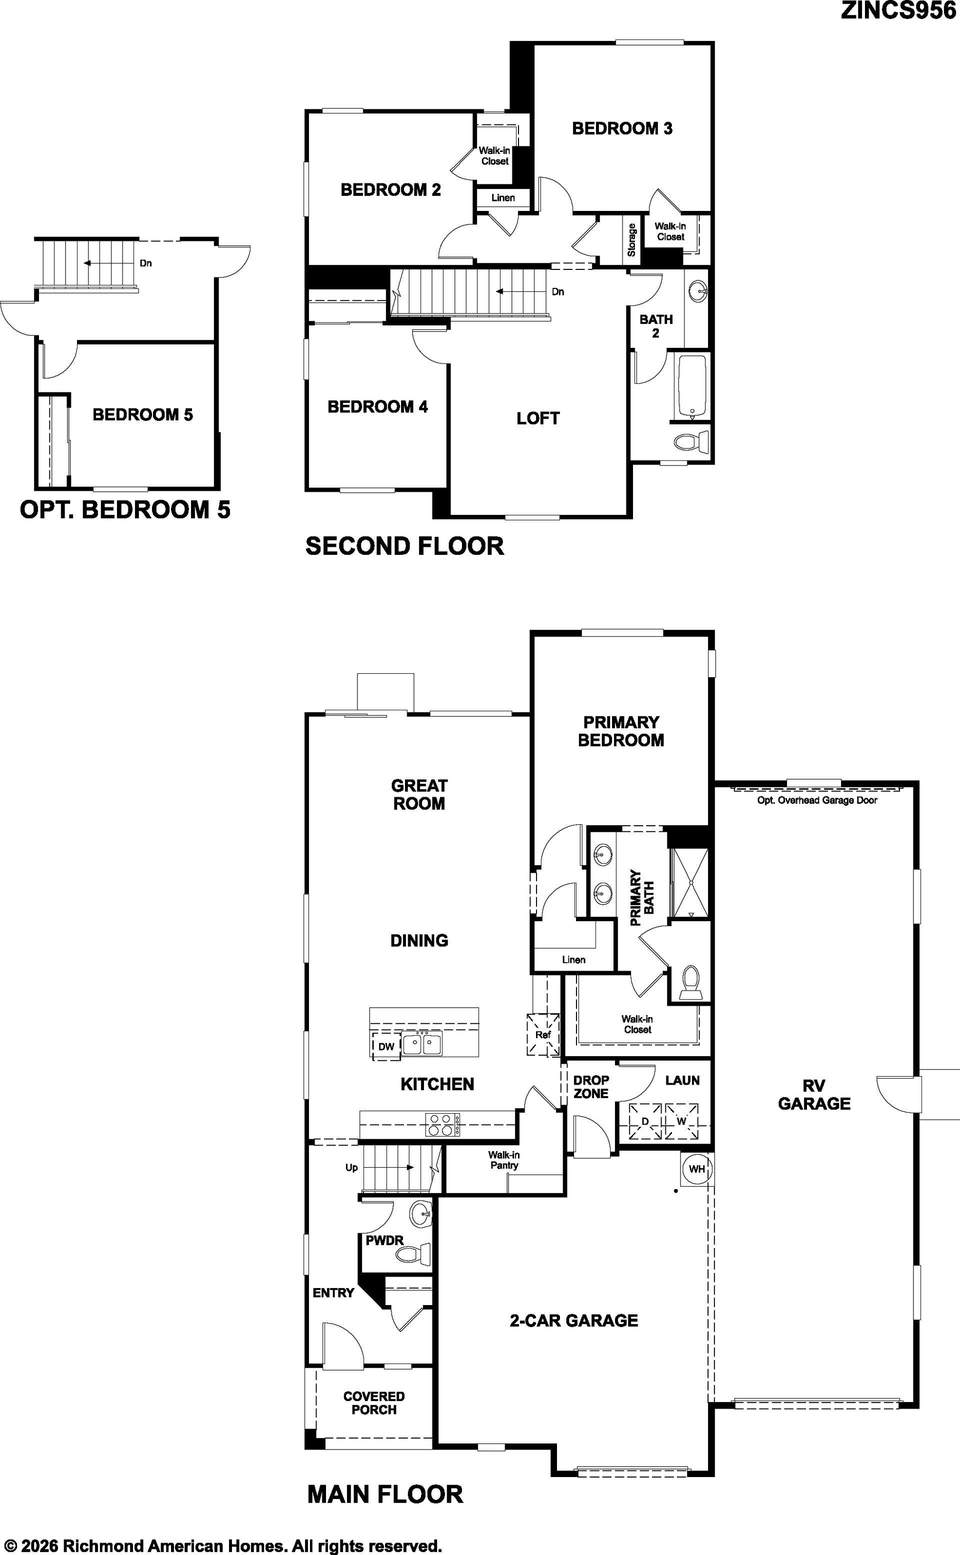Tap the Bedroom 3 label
[622, 128]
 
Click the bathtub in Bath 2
[691, 386]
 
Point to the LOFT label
[538, 418]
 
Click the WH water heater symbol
[696, 1169]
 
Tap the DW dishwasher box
[386, 1047]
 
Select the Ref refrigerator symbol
[543, 1035]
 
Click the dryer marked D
[645, 1122]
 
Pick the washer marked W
[681, 1122]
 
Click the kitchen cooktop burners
[442, 1125]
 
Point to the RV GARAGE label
[814, 1094]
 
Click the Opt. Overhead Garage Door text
[817, 800]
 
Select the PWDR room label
[384, 1240]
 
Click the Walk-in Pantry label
[504, 1160]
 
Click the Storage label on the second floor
[631, 240]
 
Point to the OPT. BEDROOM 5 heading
[125, 510]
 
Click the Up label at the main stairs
[351, 1168]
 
